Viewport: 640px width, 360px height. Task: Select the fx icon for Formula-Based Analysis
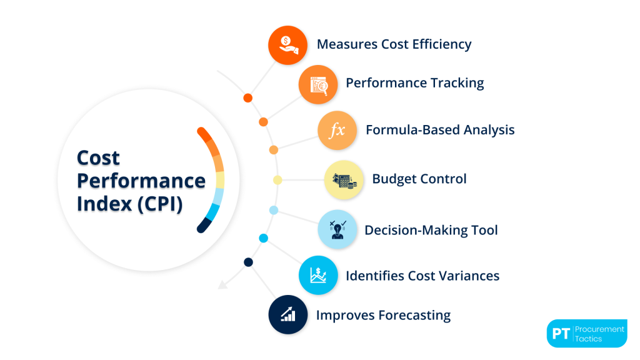[337, 131]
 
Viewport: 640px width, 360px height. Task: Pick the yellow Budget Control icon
[344, 180]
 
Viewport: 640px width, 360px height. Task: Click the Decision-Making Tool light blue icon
[337, 229]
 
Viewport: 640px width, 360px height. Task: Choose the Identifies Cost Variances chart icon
[318, 275]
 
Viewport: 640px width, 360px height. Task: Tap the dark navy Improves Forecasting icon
[288, 314]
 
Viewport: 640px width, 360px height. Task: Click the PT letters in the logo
[560, 334]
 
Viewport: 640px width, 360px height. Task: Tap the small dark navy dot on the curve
[248, 262]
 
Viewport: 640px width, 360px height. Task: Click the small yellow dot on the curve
[277, 180]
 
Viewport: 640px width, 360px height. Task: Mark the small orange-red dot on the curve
[247, 98]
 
